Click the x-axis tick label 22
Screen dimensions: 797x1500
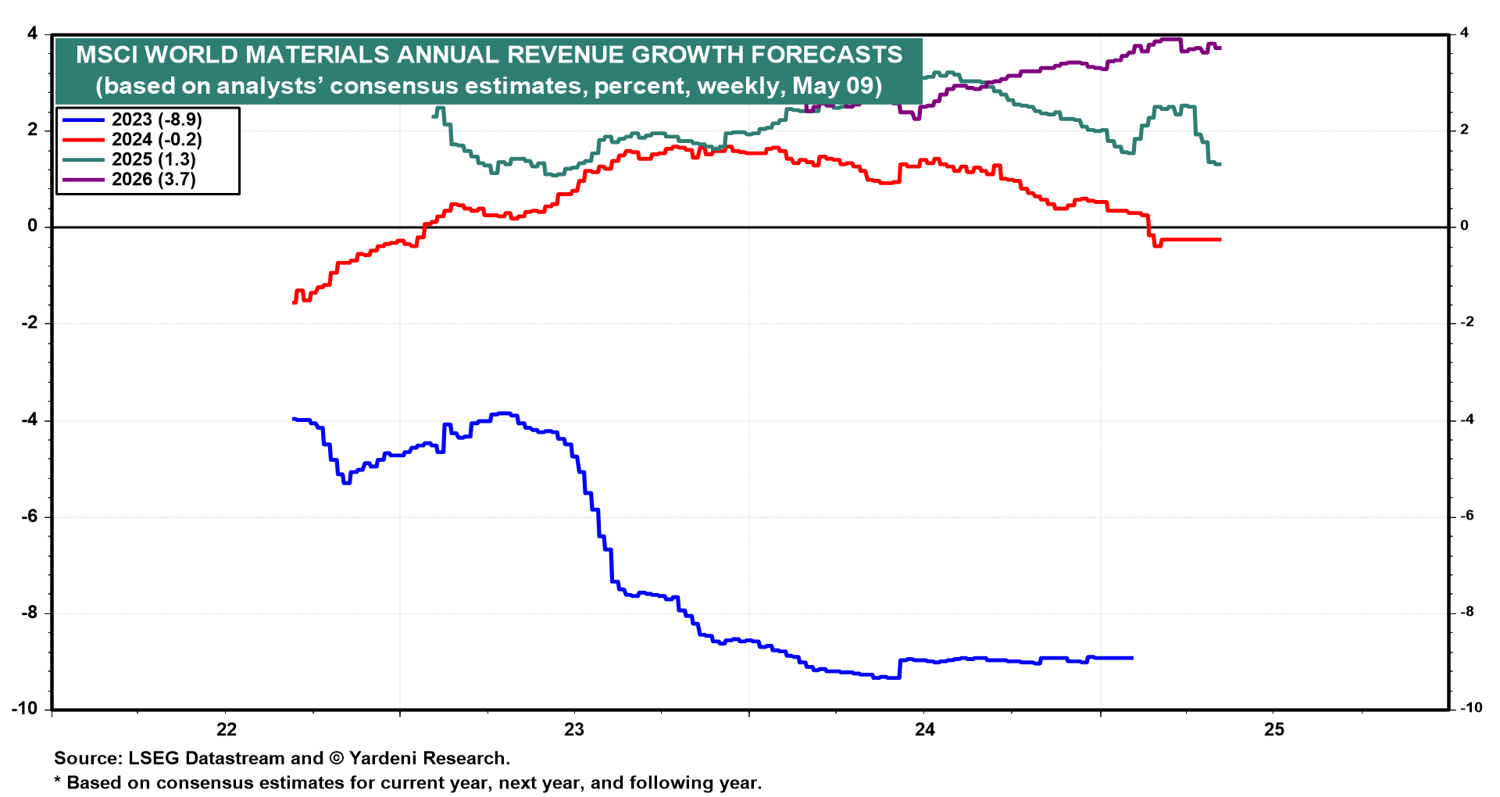[x=226, y=730]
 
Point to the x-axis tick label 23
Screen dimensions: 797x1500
[x=574, y=730]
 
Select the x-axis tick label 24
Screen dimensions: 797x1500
[x=924, y=730]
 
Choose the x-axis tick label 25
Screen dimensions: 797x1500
[x=1273, y=730]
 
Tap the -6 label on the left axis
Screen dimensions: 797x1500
[x=30, y=516]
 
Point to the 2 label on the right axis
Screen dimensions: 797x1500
[x=1464, y=130]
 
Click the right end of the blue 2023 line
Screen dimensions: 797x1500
[x=1132, y=658]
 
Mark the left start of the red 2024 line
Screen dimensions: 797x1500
[x=294, y=302]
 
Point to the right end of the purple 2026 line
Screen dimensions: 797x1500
[x=1220, y=48]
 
